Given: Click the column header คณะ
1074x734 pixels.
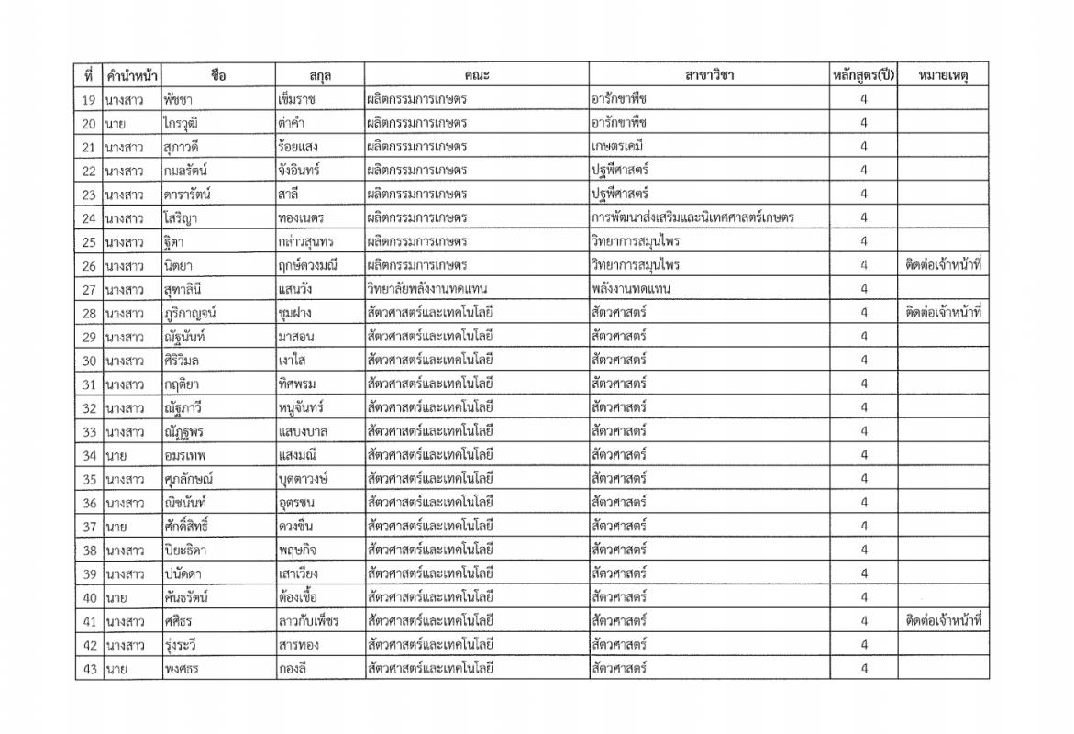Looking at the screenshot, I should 476,75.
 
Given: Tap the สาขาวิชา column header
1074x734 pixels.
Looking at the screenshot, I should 709,75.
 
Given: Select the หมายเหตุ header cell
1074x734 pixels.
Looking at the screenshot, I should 942,75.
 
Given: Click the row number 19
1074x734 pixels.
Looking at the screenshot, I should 89,99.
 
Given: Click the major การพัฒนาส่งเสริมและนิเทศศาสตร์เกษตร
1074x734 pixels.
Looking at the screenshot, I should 692,218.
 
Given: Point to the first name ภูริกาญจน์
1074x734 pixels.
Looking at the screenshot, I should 190,313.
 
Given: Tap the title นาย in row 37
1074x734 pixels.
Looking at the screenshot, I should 116,526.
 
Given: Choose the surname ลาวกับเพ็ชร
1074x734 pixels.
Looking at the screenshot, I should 308,621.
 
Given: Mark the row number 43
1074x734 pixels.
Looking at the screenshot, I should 89,669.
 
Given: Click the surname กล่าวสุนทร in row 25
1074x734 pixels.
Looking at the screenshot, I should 305,241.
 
